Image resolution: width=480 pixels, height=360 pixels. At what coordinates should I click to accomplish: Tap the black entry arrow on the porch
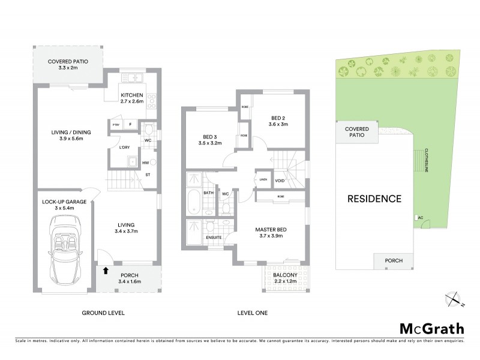pyautogui.click(x=106, y=270)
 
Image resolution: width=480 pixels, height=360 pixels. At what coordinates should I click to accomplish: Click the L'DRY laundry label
pyautogui.click(x=124, y=148)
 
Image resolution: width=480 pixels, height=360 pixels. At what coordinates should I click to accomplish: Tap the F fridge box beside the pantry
pyautogui.click(x=130, y=125)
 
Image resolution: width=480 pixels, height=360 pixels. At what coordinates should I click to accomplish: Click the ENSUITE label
pyautogui.click(x=214, y=238)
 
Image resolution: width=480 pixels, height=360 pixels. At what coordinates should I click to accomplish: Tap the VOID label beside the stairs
pyautogui.click(x=280, y=179)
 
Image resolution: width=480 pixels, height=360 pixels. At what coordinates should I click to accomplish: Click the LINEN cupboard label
pyautogui.click(x=263, y=179)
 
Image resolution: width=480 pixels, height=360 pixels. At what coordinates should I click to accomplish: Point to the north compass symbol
pyautogui.click(x=455, y=298)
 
